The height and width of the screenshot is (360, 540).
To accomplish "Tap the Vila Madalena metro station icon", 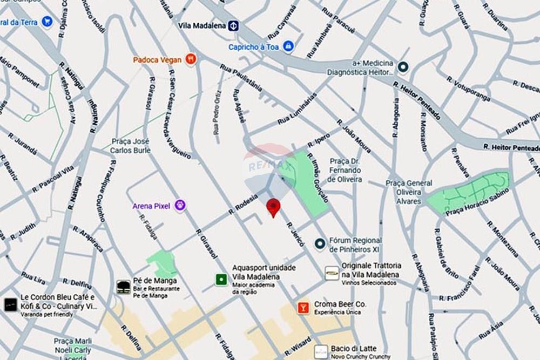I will [x=233, y=25].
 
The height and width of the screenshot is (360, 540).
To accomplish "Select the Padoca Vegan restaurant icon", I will [x=190, y=59].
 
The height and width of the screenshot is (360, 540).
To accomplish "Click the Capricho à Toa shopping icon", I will [x=288, y=46].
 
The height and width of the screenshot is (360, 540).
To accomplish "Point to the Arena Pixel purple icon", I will [x=180, y=205].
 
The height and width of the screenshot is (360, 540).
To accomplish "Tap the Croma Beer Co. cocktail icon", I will [x=303, y=308].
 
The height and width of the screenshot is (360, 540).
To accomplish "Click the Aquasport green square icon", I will [x=221, y=279].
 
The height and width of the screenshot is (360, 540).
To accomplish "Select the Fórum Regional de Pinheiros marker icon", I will [x=320, y=244].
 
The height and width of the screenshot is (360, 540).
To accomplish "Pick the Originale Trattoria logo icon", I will [x=332, y=273].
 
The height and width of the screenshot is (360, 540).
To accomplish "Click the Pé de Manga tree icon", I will [x=124, y=286].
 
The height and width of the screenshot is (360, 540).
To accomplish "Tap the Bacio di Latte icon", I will [x=321, y=352].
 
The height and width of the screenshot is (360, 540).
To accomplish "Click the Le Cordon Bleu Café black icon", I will [x=10, y=304].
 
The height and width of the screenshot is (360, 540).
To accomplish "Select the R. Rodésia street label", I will [x=243, y=203].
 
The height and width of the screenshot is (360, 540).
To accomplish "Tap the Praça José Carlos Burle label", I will [x=130, y=146].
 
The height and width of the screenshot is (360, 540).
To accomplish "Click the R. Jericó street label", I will [x=295, y=234].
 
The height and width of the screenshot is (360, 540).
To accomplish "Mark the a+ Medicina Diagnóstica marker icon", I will [x=402, y=67].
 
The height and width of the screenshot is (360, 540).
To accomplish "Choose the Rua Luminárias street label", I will [x=298, y=108].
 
